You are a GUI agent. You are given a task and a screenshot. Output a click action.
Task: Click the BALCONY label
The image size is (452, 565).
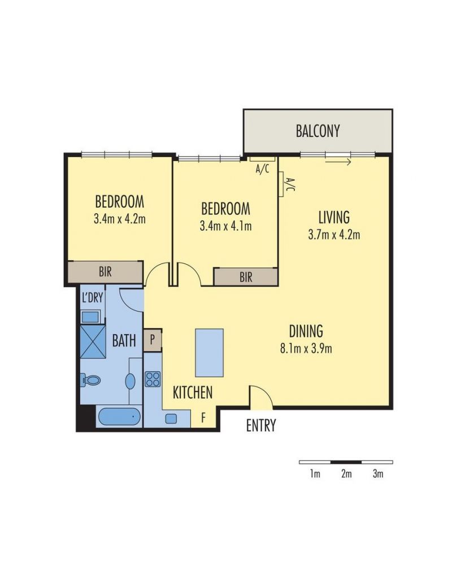(x=318, y=131)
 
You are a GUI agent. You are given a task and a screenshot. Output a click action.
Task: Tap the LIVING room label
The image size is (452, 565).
(x=334, y=217)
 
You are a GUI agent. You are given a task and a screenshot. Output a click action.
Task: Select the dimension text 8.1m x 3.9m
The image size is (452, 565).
(x=306, y=348)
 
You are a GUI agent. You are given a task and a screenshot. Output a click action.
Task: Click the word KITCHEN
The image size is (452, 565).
(x=193, y=393)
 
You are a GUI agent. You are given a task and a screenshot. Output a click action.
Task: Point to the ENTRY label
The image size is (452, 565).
(x=261, y=425)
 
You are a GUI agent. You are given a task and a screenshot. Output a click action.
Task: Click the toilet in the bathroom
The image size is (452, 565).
(x=90, y=380)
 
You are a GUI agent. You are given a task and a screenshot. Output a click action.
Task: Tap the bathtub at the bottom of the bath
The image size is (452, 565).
(x=119, y=417)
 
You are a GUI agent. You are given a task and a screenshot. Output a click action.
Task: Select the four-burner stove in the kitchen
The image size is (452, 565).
(x=153, y=379)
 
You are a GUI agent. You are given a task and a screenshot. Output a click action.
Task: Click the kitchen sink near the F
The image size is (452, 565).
(x=171, y=419)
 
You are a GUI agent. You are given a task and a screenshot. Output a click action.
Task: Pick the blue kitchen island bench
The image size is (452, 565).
(x=209, y=353)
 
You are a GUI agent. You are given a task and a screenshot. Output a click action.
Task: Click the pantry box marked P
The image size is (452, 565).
(x=152, y=340)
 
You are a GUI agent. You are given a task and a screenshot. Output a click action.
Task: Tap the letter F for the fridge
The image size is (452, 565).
(x=203, y=418)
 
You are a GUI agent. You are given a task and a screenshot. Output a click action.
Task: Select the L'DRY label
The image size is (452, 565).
(x=93, y=297)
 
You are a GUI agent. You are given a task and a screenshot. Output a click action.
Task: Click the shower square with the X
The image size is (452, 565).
(x=93, y=342)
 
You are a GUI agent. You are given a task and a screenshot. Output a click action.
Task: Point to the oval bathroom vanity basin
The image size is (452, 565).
(x=131, y=381)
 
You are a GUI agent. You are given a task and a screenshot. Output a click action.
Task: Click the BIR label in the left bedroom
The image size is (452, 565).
(x=105, y=271)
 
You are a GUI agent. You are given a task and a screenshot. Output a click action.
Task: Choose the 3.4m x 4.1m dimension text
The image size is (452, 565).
(x=225, y=226)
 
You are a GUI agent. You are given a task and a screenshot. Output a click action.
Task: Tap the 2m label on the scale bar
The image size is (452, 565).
(x=346, y=473)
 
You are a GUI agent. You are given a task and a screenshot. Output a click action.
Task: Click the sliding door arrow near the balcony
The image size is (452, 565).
(x=338, y=162)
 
